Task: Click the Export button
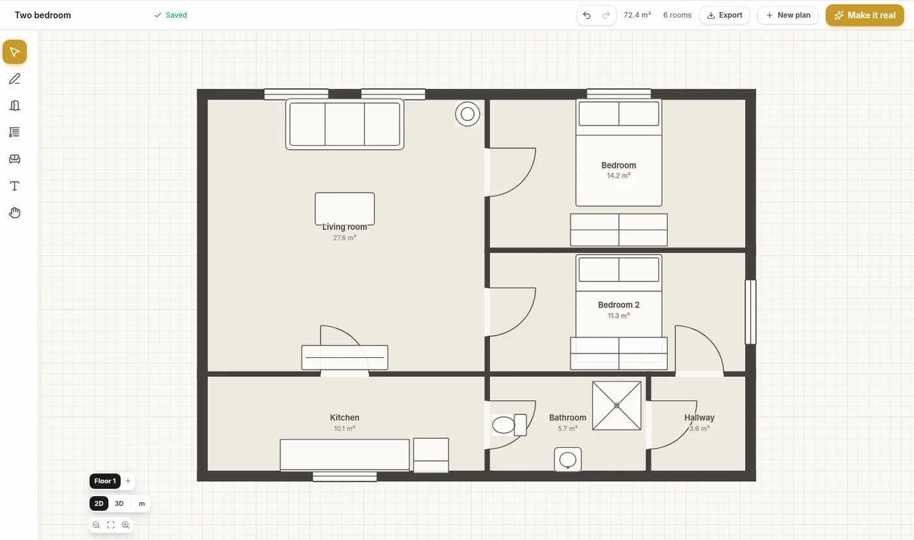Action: coord(724,15)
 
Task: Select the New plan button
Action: coord(787,15)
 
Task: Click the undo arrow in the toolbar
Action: coord(587,15)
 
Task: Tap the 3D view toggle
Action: coord(119,503)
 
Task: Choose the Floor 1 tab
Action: coord(105,481)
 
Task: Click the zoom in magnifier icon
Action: coord(125,525)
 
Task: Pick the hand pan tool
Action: coord(14,213)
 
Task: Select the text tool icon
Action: coord(14,186)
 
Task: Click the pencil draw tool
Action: coord(14,79)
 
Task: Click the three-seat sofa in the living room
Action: coord(345,124)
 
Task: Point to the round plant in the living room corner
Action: coord(467,114)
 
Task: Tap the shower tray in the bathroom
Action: coord(616,405)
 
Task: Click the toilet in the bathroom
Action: coord(509,425)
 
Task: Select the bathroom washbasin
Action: coord(567,460)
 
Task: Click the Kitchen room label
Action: coord(345,417)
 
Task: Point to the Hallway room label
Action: coord(699,417)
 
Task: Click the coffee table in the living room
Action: coord(345,208)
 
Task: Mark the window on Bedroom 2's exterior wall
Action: coord(750,312)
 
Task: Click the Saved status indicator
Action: coord(170,15)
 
